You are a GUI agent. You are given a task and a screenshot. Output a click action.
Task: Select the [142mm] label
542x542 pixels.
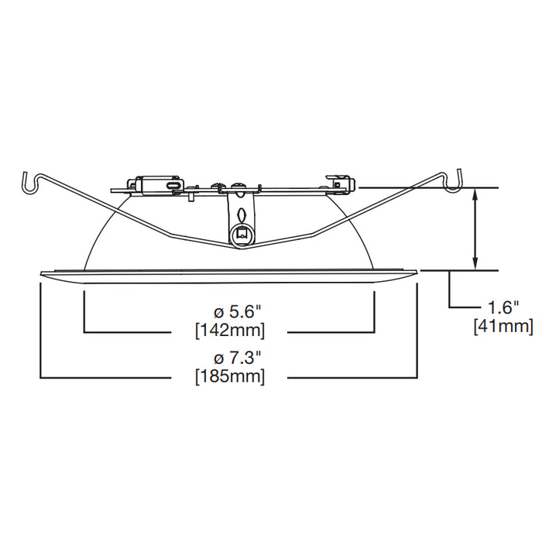pos(229,331)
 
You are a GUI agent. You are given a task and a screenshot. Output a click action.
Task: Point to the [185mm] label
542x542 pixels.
pos(229,377)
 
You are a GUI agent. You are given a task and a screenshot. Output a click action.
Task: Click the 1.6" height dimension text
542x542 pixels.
pos(503,308)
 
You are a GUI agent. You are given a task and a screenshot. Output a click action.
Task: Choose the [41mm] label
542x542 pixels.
pos(503,327)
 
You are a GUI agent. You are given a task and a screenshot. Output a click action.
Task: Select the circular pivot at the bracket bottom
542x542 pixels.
pos(242,232)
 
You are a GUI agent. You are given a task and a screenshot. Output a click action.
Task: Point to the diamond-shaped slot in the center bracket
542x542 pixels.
pos(242,213)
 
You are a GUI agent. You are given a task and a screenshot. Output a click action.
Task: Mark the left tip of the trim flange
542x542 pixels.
pos(40,273)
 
